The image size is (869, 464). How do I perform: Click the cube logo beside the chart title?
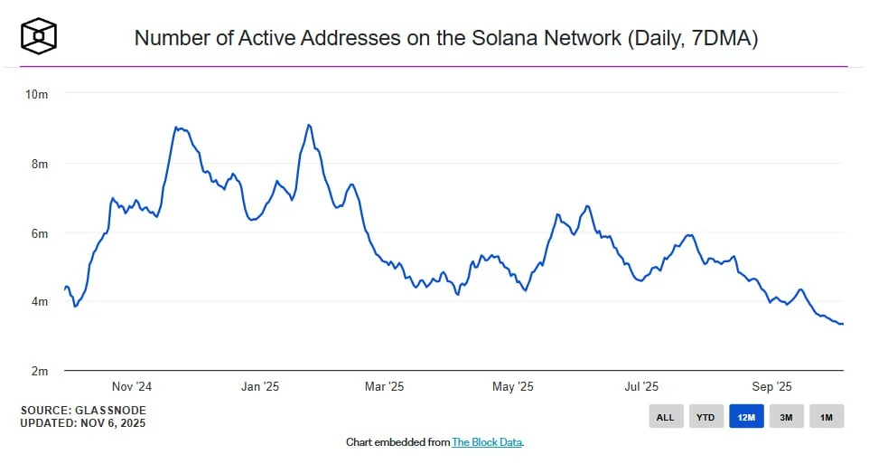[40, 36]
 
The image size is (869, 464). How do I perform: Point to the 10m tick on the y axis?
[36, 94]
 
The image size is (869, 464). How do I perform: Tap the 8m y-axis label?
[38, 164]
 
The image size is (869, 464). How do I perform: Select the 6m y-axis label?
[38, 233]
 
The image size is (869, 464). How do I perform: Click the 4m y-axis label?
[38, 302]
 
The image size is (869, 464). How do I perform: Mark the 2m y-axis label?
[38, 371]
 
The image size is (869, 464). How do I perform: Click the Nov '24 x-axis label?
[132, 387]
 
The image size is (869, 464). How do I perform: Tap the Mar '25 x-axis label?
[384, 387]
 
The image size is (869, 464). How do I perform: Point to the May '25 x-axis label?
[512, 387]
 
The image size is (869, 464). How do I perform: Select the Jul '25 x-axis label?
[640, 387]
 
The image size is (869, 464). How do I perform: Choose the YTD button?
[705, 417]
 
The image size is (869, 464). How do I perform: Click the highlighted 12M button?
[746, 417]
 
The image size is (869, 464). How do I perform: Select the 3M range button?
[786, 417]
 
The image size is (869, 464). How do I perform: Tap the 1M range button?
[827, 417]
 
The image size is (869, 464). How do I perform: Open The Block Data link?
[487, 442]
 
